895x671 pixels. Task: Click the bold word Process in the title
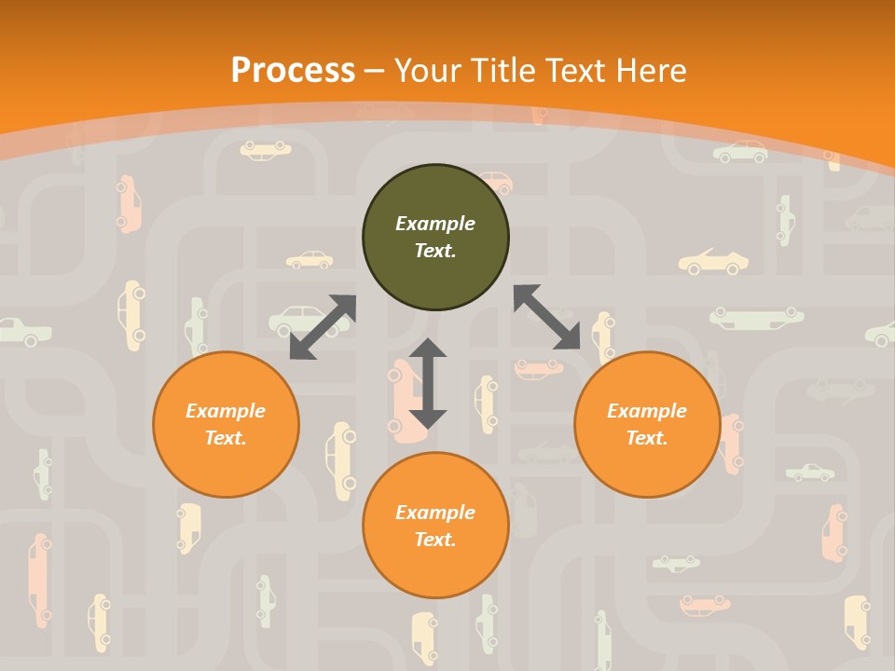(x=293, y=71)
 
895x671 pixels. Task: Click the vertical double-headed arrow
(x=428, y=383)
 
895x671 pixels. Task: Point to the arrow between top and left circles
(x=323, y=327)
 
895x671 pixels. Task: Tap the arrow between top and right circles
(x=546, y=317)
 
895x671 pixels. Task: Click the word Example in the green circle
(x=435, y=224)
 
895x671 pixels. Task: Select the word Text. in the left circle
(x=226, y=438)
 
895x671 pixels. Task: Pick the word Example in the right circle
(x=647, y=411)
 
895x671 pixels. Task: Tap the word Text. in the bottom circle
(x=435, y=540)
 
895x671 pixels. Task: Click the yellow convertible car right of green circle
(x=714, y=262)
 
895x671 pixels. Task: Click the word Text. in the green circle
(x=435, y=251)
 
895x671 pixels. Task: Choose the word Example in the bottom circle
(x=435, y=513)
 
